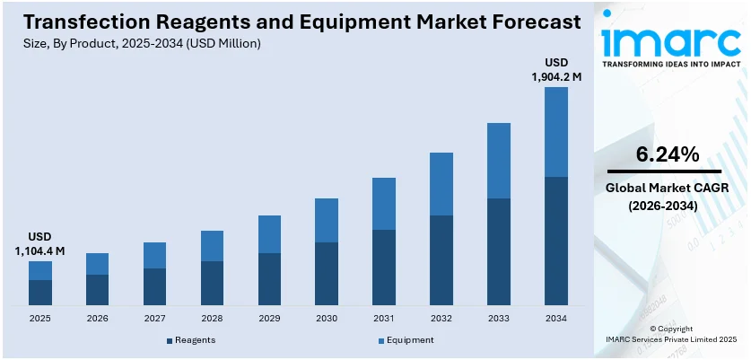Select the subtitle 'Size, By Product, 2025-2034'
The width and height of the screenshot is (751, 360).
(135, 44)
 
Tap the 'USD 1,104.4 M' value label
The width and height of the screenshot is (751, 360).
(39, 243)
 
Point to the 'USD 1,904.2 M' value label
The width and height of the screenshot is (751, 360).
(556, 69)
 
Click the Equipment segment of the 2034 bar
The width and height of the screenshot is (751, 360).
(556, 131)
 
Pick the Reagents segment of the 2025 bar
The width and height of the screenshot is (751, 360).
(39, 293)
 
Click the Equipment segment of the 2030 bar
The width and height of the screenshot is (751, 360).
(327, 220)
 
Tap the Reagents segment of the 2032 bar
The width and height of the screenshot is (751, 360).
(441, 260)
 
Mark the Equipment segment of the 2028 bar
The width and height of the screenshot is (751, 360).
(212, 245)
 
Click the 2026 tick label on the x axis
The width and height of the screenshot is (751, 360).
(97, 319)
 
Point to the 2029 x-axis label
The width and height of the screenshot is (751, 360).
(269, 319)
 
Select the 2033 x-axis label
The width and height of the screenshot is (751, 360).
(499, 319)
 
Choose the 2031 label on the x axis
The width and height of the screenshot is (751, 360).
(384, 319)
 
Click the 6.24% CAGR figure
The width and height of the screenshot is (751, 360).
(667, 154)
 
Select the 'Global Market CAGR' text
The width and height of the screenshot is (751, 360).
(667, 188)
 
